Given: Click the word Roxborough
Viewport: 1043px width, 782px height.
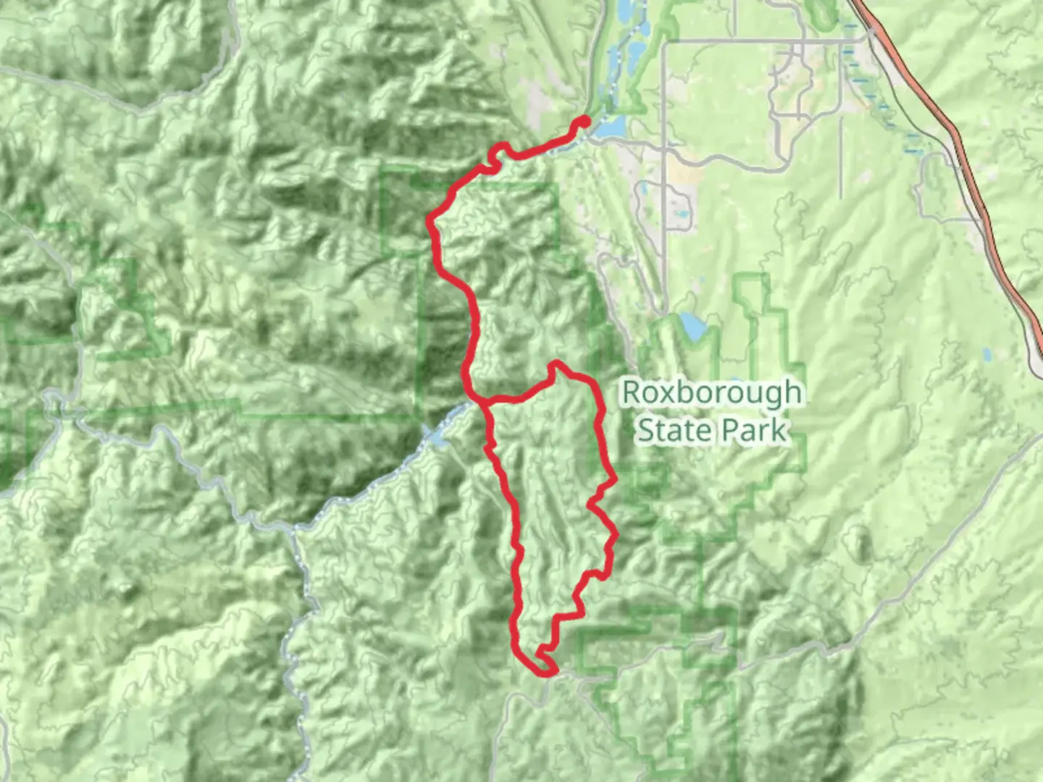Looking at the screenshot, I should pyautogui.click(x=711, y=393).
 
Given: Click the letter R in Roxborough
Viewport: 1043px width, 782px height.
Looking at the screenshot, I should pyautogui.click(x=632, y=393).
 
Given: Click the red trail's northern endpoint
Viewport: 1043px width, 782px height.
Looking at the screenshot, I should pyautogui.click(x=584, y=121).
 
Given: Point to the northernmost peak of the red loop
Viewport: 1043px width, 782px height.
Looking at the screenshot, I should pyautogui.click(x=556, y=363).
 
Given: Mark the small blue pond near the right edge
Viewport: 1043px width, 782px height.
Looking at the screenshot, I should pyautogui.click(x=987, y=355).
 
